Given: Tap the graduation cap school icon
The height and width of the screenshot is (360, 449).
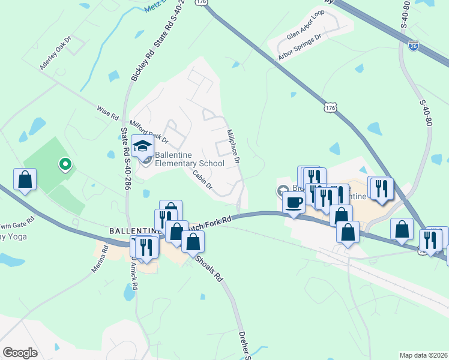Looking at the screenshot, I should click(143, 146).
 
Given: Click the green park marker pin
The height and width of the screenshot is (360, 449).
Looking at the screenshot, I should click(65, 163).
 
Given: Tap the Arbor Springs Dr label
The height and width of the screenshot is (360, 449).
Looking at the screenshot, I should click(300, 47).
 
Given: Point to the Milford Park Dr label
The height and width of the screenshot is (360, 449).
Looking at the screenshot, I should click(149, 131).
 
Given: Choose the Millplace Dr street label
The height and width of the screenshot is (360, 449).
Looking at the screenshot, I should click(233, 146).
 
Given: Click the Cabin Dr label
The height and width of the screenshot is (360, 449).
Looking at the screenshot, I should click(203, 178).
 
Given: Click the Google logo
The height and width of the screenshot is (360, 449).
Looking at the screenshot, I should click(20, 352).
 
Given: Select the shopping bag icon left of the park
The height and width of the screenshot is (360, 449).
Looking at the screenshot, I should click(25, 179).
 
